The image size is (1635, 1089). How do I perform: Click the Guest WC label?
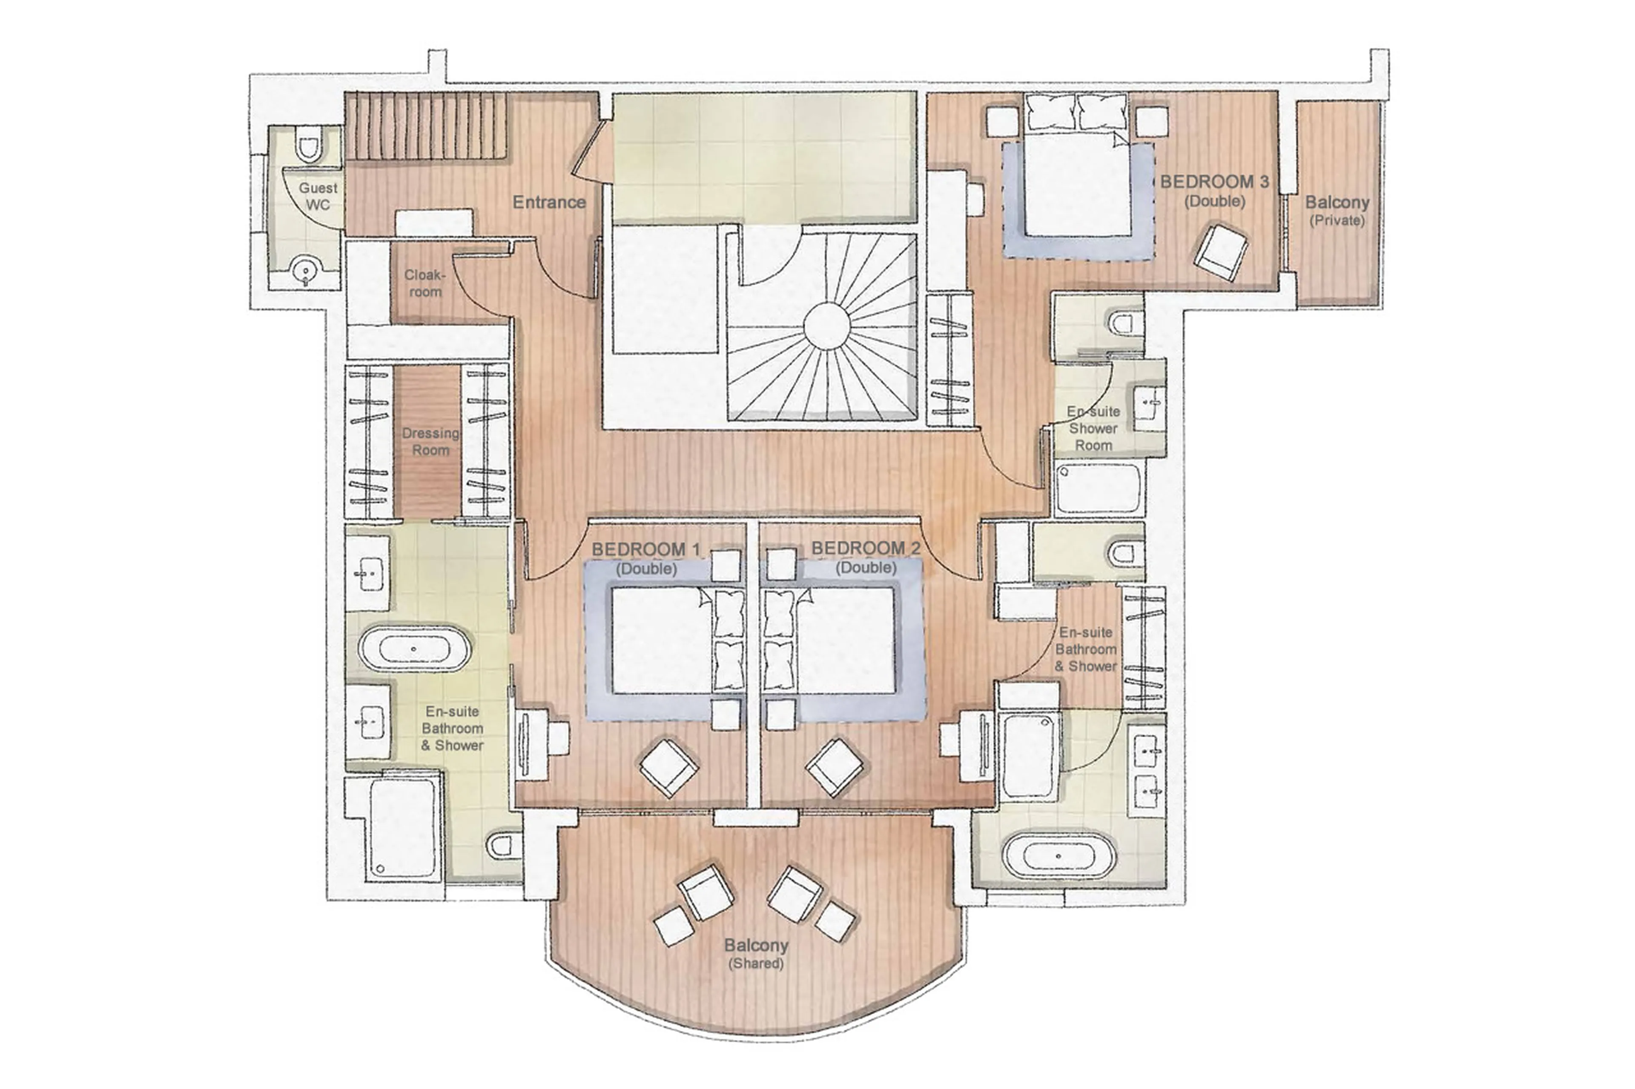pyautogui.click(x=318, y=196)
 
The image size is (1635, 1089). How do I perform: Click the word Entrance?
pyautogui.click(x=549, y=202)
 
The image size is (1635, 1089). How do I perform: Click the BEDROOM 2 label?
pyautogui.click(x=865, y=549)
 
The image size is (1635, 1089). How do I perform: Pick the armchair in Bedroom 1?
pyautogui.click(x=668, y=767)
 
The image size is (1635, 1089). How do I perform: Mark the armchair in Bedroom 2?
pyautogui.click(x=835, y=767)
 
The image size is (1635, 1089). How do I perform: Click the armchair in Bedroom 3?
pyautogui.click(x=1220, y=252)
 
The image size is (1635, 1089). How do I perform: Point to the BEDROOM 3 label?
pyautogui.click(x=1214, y=182)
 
